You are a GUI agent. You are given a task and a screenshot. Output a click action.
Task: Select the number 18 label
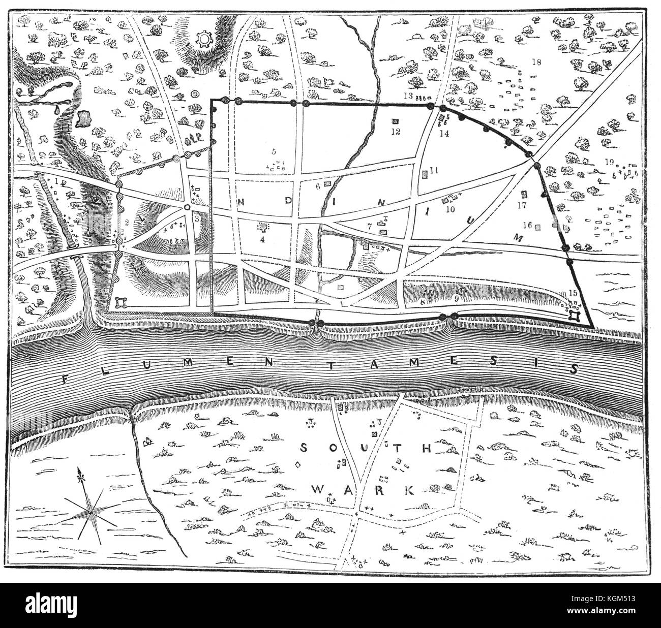click(x=536, y=62)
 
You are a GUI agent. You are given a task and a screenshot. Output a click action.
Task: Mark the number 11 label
click(x=433, y=171)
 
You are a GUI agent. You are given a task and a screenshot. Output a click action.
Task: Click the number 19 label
click(x=611, y=162)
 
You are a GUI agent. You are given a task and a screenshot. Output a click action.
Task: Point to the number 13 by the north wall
click(x=408, y=96)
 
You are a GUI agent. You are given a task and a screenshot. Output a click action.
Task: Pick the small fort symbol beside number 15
click(x=575, y=316)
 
